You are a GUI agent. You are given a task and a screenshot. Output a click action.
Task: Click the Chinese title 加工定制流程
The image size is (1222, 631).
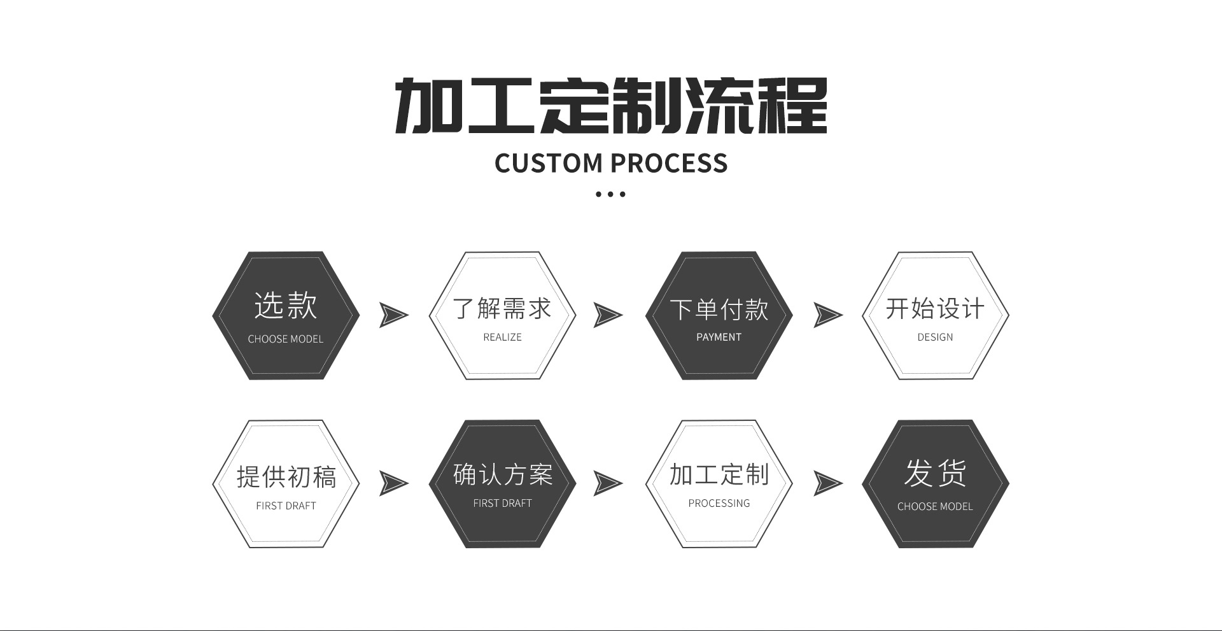(611, 106)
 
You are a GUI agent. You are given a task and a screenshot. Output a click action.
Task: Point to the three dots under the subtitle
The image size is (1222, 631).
(610, 194)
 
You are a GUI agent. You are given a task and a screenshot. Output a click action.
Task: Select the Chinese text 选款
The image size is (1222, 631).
(286, 306)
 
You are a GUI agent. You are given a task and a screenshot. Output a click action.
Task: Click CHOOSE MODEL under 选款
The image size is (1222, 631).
(286, 339)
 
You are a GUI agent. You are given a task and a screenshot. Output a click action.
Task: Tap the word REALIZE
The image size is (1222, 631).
(502, 337)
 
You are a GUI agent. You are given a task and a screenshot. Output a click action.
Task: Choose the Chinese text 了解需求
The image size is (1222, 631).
(502, 309)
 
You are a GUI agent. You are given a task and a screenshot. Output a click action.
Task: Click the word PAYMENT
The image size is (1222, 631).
(719, 337)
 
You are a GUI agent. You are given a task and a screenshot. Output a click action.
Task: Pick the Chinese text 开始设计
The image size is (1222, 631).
(935, 309)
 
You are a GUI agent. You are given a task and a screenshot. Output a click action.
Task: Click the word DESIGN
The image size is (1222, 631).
(935, 337)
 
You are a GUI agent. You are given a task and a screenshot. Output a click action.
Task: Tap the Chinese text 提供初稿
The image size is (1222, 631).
(286, 477)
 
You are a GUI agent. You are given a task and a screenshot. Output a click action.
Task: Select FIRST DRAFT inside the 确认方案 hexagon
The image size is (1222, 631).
(502, 503)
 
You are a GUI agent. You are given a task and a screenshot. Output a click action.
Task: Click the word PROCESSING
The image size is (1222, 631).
(719, 503)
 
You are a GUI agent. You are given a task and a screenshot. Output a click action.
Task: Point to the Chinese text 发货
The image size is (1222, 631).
(935, 473)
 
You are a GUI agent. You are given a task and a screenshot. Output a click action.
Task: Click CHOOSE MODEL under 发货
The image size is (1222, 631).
(935, 507)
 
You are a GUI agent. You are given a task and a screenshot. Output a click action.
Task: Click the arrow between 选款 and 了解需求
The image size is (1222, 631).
(393, 315)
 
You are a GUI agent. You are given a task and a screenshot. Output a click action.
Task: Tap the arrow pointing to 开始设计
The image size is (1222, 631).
(827, 315)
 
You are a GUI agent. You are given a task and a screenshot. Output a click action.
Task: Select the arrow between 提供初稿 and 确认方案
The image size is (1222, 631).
(393, 483)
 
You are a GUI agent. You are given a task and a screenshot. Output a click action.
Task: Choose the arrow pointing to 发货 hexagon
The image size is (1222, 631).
(827, 483)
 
